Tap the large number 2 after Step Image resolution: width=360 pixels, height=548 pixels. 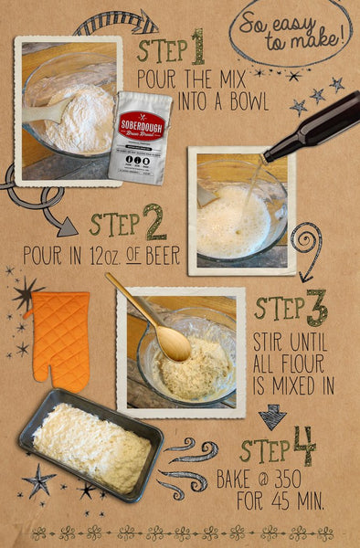[154, 222]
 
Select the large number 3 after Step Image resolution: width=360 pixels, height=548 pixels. [316, 309]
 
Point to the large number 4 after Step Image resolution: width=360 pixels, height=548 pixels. [304, 447]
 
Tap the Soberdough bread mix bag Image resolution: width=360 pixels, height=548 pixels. [140, 137]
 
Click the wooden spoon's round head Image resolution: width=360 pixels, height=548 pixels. [173, 344]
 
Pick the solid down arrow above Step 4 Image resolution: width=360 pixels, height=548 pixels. [272, 416]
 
